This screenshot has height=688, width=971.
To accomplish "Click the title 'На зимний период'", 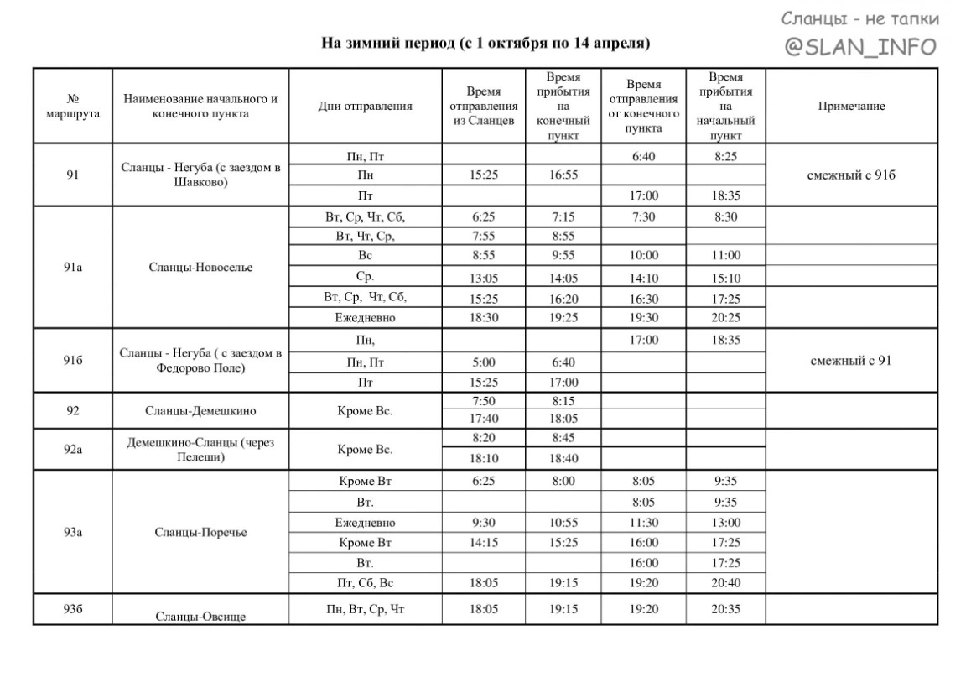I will point(486,43).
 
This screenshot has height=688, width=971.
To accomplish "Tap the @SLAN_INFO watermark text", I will point(860,47).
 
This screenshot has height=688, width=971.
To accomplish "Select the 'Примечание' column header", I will point(851,106).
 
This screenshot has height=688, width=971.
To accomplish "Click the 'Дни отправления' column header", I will point(366,106).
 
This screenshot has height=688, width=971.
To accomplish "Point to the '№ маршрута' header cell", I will point(72,107).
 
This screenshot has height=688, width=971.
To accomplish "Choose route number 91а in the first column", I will point(73,268).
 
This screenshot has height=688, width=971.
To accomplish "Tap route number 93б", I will point(73,609).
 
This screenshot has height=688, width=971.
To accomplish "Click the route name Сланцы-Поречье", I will point(200,533).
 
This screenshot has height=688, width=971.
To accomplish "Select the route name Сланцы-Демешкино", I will point(200,410).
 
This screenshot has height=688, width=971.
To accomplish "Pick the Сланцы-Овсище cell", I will point(200,617).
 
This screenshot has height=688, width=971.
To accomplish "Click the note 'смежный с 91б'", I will point(851,175).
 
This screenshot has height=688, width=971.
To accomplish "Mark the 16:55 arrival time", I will point(563,175).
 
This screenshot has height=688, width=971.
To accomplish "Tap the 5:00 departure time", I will point(484,362).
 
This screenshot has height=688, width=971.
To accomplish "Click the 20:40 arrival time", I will point(725,583).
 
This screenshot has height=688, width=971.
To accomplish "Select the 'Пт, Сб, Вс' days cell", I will point(366,583).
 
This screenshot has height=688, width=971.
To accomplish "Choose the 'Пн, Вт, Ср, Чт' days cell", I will point(366,609).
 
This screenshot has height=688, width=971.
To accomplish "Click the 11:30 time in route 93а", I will point(644,522).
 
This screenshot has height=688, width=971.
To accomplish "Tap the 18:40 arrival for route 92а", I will point(563,458).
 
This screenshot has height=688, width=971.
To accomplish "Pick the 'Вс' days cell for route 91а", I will point(366,255).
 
